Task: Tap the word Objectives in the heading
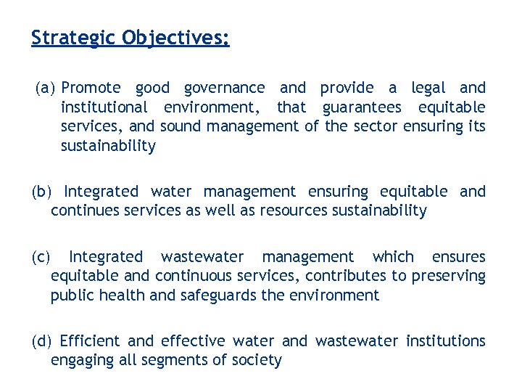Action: [x=175, y=37]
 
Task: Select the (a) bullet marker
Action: [x=46, y=88]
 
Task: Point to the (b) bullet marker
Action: [x=42, y=192]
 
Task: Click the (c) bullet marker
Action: [x=41, y=257]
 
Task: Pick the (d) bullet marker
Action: [x=42, y=340]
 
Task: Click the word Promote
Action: [x=91, y=88]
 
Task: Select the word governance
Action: [x=225, y=88]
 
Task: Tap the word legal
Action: [x=428, y=88]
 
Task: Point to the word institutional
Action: [x=104, y=107]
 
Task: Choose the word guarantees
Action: [x=362, y=107]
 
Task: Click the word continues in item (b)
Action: [x=83, y=211]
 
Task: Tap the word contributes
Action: [x=344, y=276]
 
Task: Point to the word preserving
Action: [x=449, y=276]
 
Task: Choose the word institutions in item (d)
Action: [x=446, y=340]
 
